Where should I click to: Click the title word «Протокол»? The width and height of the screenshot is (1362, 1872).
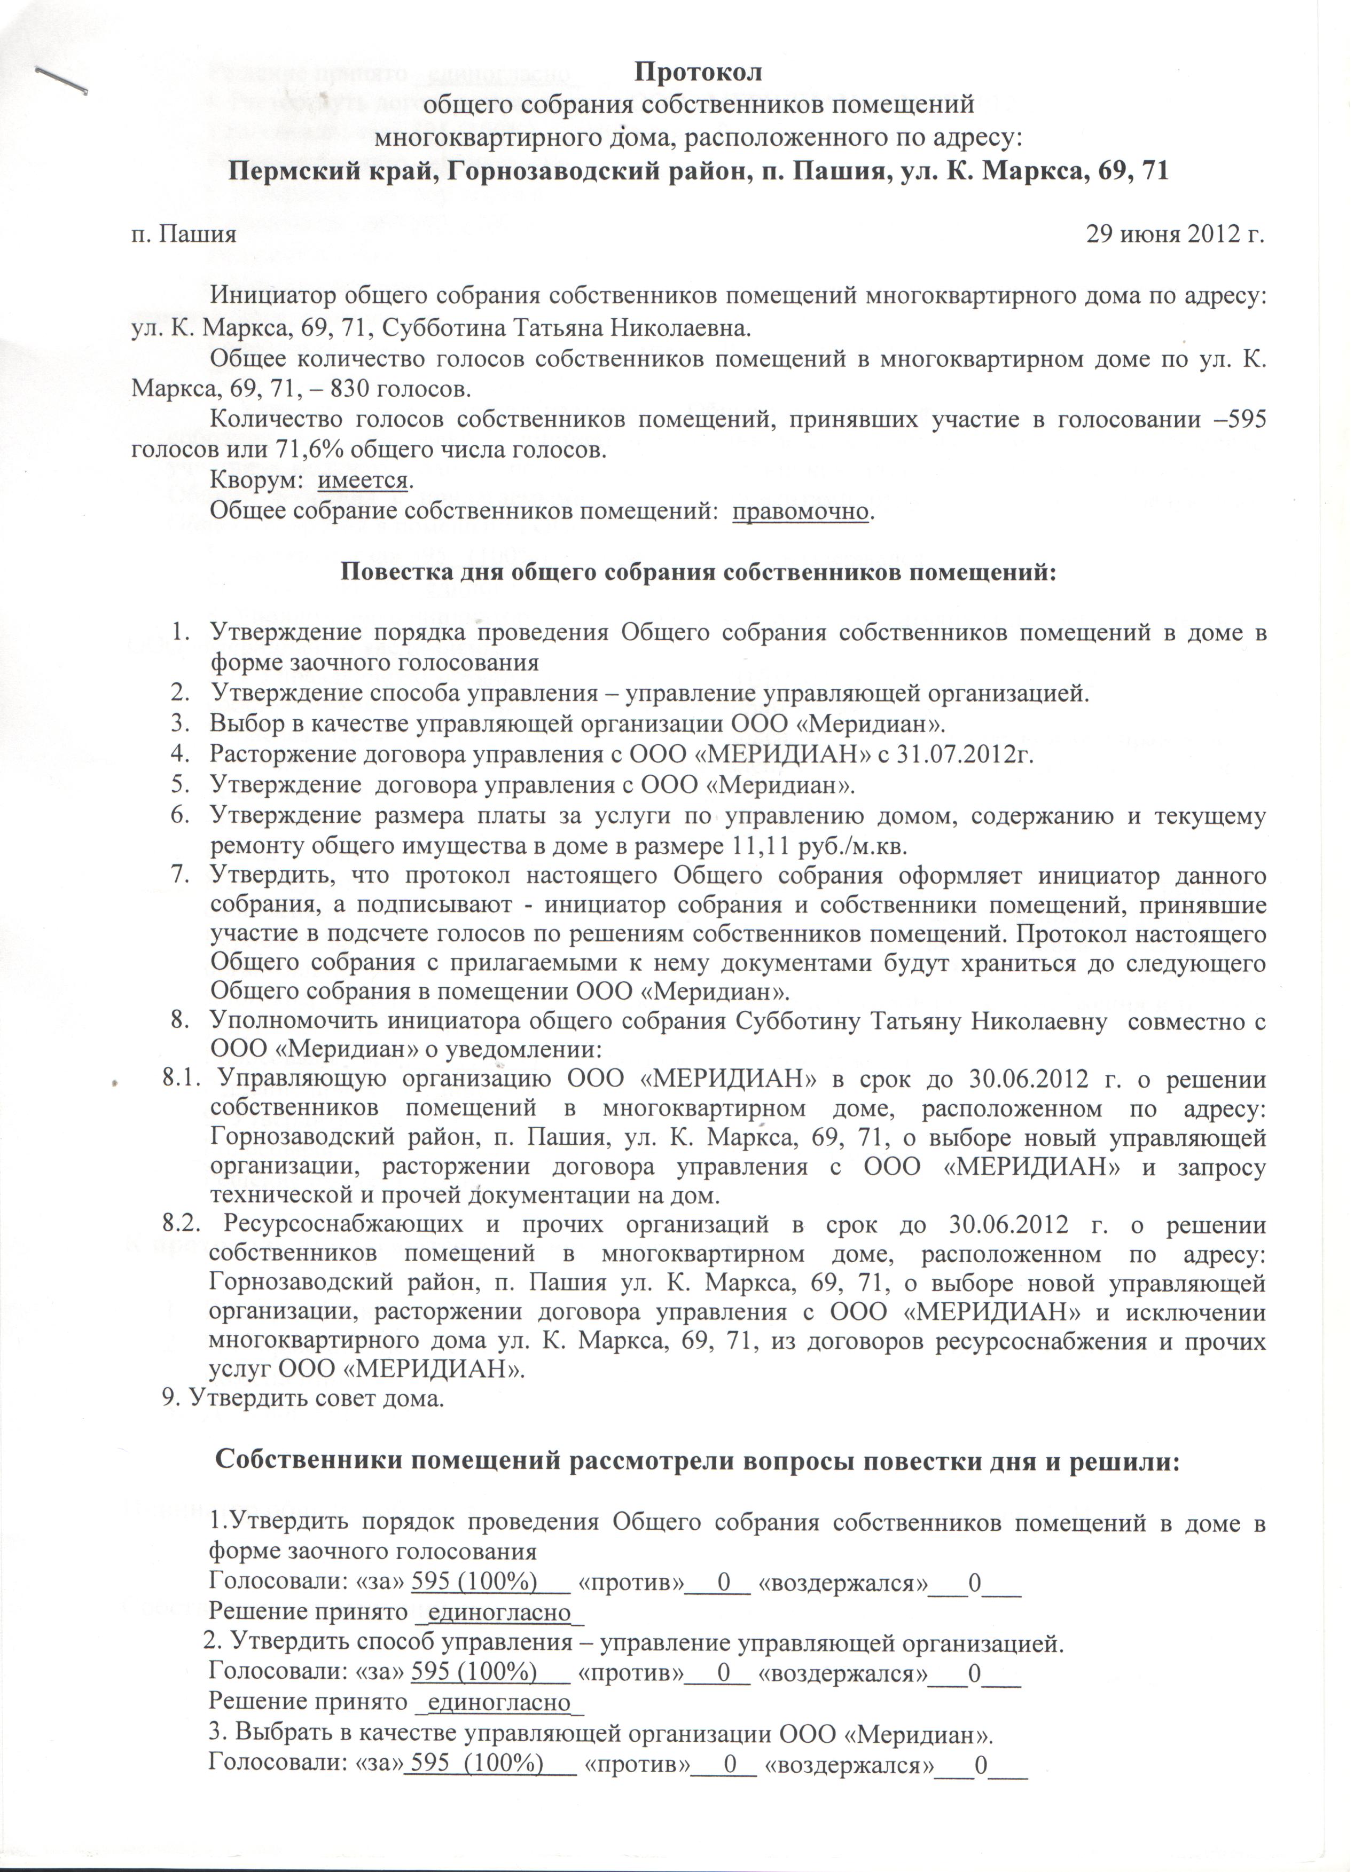(x=698, y=73)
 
